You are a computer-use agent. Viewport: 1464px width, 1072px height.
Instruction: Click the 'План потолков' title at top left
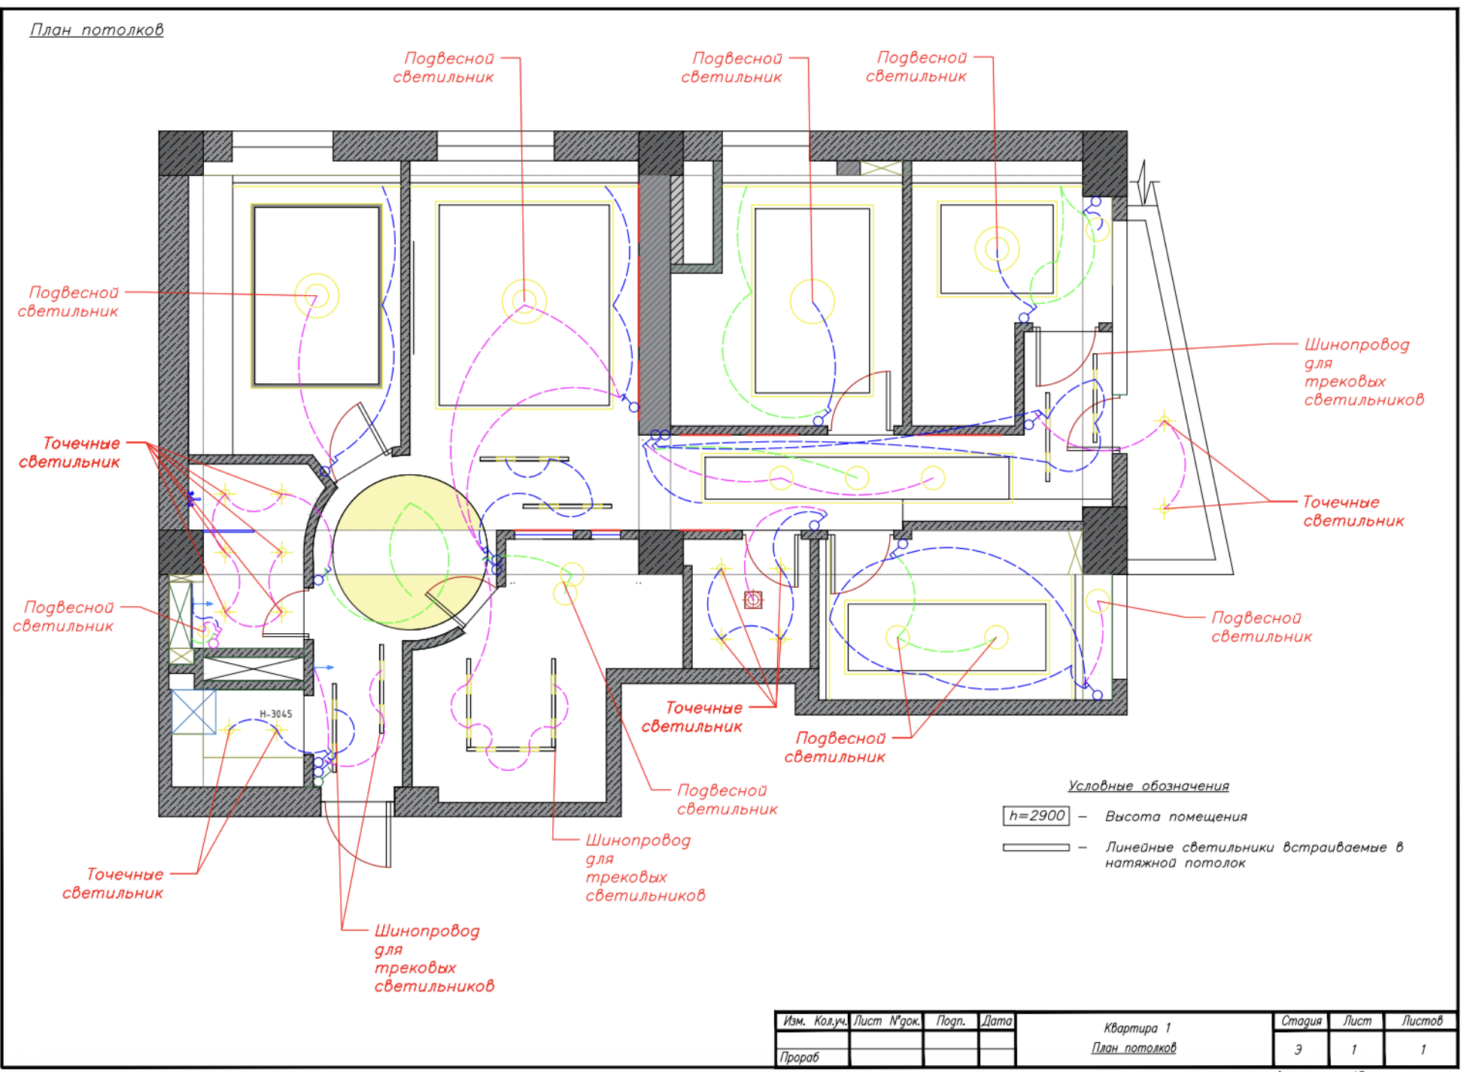[x=96, y=30]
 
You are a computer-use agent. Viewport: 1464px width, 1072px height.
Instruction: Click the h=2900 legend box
[x=1036, y=816]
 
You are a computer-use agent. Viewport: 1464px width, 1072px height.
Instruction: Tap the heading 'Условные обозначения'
[x=1148, y=786]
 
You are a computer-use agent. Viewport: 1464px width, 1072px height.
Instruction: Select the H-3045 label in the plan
[x=275, y=714]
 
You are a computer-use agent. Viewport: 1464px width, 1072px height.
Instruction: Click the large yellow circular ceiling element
[x=409, y=552]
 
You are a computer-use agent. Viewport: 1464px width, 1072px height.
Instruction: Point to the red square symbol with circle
[x=753, y=599]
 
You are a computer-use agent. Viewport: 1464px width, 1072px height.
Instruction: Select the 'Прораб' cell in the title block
[x=799, y=1057]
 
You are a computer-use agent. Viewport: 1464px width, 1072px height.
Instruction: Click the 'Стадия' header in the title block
[x=1301, y=1021]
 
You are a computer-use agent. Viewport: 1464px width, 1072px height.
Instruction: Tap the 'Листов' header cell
[x=1421, y=1021]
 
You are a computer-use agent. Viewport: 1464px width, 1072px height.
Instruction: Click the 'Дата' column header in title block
[x=997, y=1021]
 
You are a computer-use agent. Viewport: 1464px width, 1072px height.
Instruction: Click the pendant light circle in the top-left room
[x=317, y=296]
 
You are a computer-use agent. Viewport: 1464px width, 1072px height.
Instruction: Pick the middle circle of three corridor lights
[x=857, y=477]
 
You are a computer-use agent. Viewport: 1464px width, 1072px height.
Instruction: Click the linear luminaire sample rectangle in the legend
[x=1036, y=848]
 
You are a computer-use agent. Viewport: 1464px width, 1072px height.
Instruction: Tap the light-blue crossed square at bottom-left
[x=193, y=711]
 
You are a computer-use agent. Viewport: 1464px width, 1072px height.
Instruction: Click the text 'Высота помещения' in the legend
[x=1175, y=817]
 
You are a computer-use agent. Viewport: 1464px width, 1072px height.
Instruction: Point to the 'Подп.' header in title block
[x=950, y=1021]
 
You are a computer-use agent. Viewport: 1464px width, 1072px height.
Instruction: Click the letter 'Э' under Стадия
[x=1299, y=1049]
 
